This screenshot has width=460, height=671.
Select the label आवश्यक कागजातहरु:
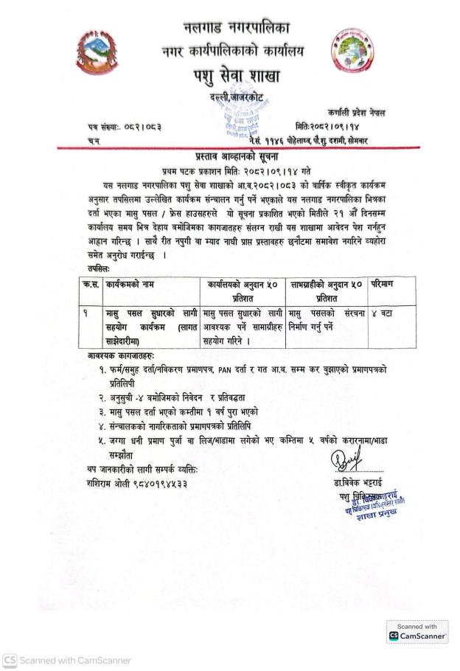point(117,355)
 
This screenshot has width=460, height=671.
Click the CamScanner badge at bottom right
point(417,632)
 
